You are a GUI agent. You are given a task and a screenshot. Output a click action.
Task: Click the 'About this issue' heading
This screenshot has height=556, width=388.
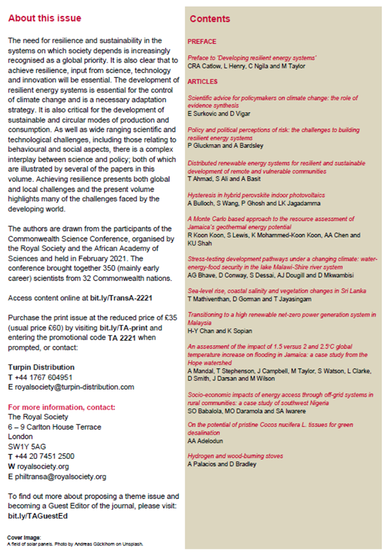tap(44, 19)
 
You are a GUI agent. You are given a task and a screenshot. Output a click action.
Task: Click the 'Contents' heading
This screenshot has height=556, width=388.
tap(210, 19)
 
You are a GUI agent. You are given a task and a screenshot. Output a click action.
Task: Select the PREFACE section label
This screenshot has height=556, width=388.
tap(202, 42)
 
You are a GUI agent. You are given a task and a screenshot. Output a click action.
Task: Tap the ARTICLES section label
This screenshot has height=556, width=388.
tap(202, 81)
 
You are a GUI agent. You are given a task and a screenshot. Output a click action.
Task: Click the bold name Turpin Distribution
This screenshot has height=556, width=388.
tap(41, 367)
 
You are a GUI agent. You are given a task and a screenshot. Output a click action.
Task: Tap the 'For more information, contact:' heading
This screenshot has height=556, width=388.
tap(62, 407)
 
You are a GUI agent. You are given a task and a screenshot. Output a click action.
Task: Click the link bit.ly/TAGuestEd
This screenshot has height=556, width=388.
tap(37, 516)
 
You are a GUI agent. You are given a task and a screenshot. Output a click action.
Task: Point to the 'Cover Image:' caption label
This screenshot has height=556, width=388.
tap(21, 538)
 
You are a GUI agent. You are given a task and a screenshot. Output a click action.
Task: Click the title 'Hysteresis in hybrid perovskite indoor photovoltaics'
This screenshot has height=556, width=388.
tap(256, 195)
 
